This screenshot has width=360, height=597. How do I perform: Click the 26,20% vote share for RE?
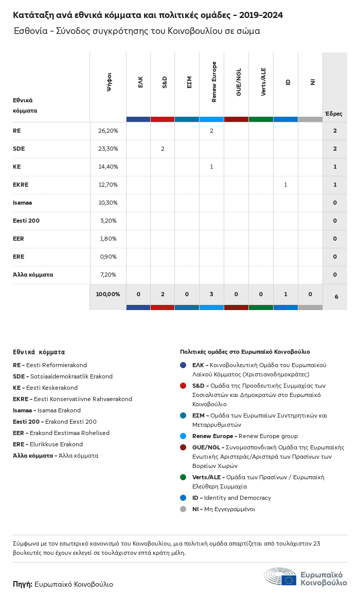(x=108, y=131)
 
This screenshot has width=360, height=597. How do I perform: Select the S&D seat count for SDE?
(x=163, y=149)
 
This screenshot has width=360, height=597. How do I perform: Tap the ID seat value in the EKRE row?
(x=285, y=185)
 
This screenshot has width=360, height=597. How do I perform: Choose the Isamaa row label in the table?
(x=22, y=203)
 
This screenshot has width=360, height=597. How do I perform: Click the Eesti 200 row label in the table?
(x=26, y=221)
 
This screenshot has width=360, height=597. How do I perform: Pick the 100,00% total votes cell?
(x=108, y=295)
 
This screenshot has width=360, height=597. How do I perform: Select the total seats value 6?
(x=336, y=297)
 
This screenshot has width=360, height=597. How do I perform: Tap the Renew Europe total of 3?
(x=211, y=295)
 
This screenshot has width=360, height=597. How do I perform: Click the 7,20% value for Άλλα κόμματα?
(x=108, y=275)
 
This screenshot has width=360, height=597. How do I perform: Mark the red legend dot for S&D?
(x=183, y=386)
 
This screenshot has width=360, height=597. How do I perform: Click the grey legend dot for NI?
(x=183, y=509)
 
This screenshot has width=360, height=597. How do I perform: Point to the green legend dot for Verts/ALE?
(x=183, y=477)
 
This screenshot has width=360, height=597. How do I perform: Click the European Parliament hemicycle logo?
(x=280, y=577)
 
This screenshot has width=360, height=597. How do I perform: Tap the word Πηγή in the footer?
(x=22, y=584)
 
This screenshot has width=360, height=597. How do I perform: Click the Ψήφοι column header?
(x=109, y=82)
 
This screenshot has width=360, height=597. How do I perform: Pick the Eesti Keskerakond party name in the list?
(x=51, y=388)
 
